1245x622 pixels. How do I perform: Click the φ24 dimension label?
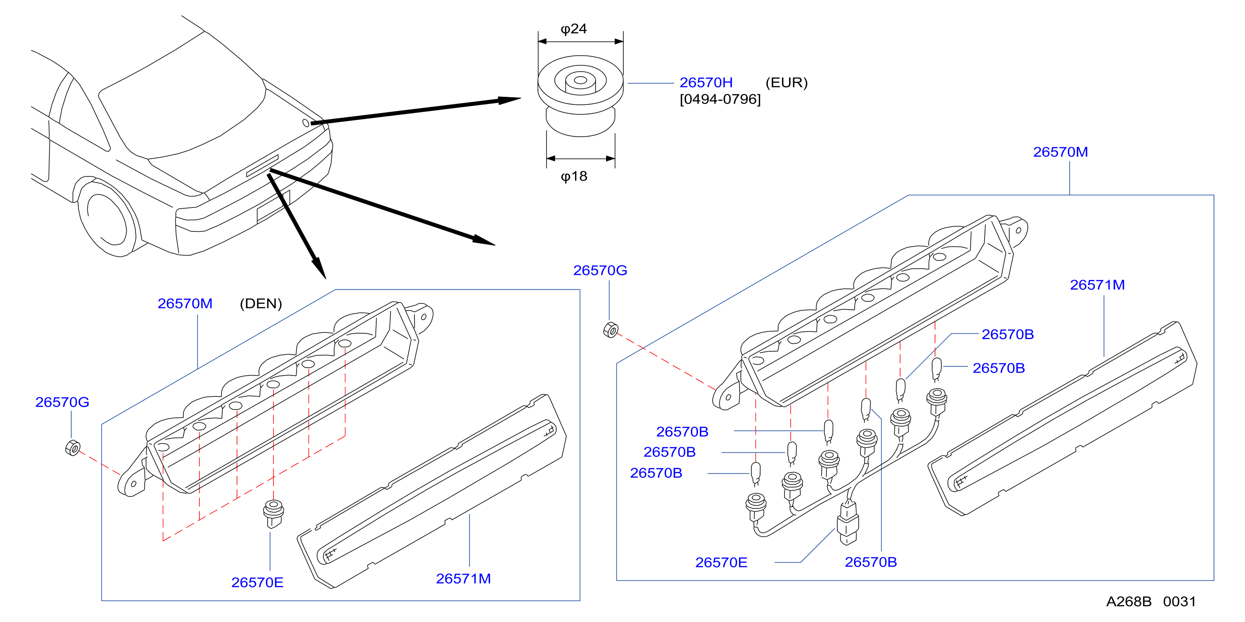[574, 29]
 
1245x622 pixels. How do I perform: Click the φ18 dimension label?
[574, 176]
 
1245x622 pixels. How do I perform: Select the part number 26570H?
[706, 83]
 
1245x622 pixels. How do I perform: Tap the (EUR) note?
[787, 83]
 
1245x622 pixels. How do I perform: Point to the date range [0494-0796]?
[720, 99]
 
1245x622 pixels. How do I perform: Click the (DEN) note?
[260, 303]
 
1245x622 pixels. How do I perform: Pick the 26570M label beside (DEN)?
[185, 303]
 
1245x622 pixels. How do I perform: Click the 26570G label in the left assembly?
[63, 402]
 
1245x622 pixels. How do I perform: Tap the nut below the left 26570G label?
[73, 448]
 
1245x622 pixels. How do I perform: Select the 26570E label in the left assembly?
[257, 583]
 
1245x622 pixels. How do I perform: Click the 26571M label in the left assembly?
[464, 578]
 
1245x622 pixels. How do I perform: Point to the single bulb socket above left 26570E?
[273, 514]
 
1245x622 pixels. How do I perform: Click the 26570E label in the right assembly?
[721, 562]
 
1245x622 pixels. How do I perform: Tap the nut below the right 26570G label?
[611, 330]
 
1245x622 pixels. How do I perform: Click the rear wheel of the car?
[106, 217]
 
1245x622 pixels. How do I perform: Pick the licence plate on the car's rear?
[273, 207]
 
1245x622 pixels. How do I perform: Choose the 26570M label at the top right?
[1061, 152]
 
